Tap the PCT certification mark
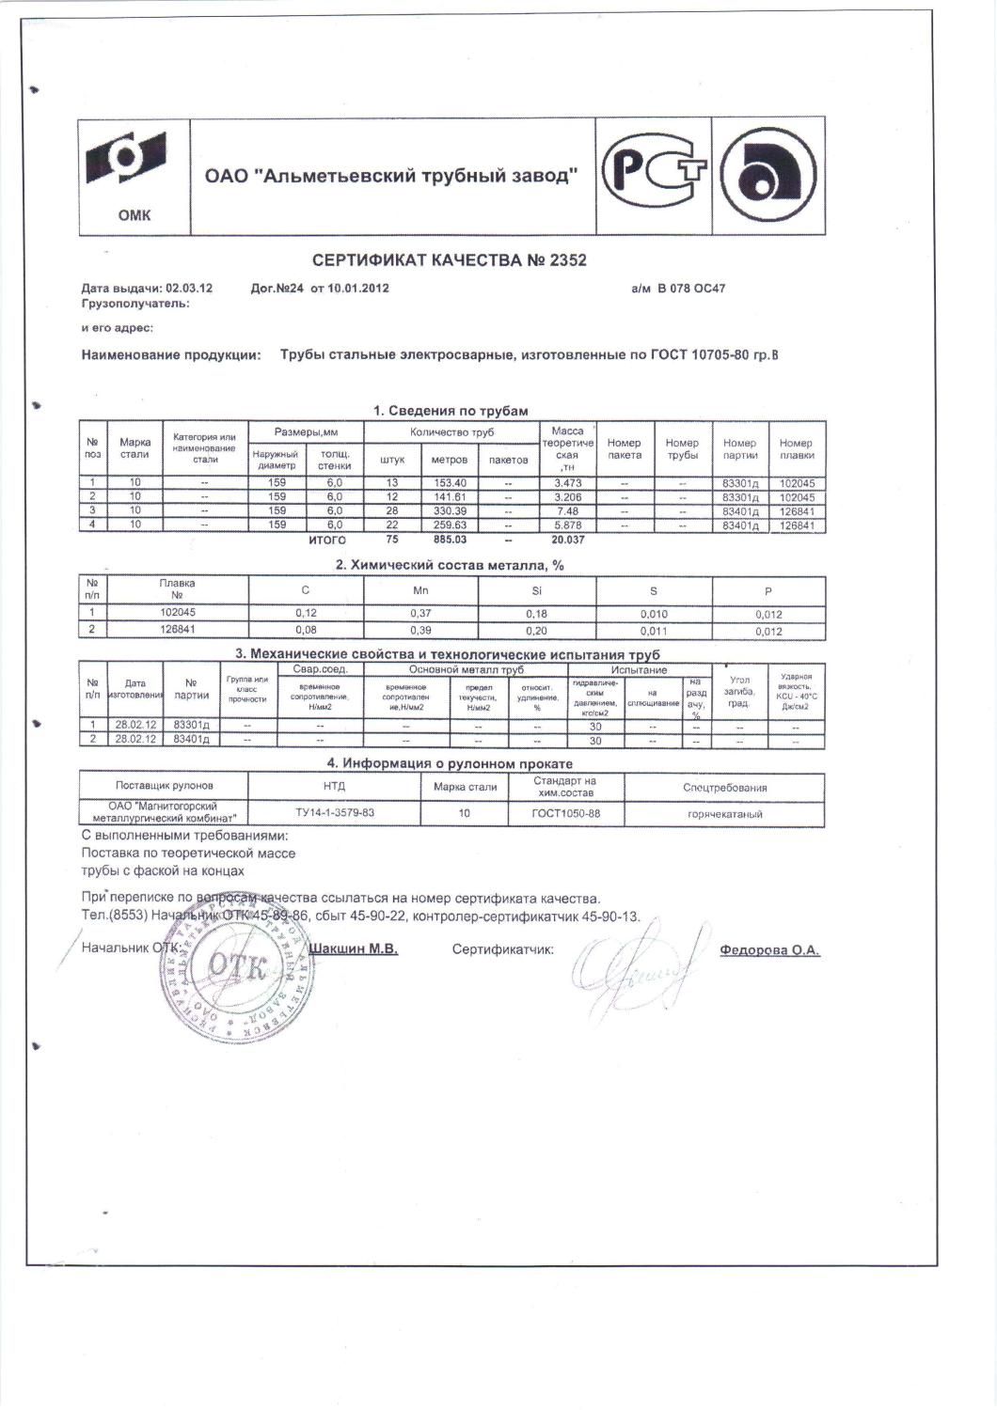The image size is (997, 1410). [654, 174]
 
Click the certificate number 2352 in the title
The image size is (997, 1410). [565, 259]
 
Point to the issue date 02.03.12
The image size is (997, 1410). [188, 289]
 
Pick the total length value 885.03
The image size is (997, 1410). [450, 540]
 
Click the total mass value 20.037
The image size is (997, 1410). [567, 540]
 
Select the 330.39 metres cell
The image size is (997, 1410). [450, 510]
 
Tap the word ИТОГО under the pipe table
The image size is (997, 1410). [327, 540]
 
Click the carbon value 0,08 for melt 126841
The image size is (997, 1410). [306, 630]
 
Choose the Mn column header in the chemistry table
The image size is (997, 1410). [421, 591]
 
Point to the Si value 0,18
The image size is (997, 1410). [537, 614]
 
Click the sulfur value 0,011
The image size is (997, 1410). [653, 631]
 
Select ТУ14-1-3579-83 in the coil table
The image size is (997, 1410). [335, 812]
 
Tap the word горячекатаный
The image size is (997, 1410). [724, 814]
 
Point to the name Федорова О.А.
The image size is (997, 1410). [769, 950]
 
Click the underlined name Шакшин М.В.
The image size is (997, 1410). [353, 949]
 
